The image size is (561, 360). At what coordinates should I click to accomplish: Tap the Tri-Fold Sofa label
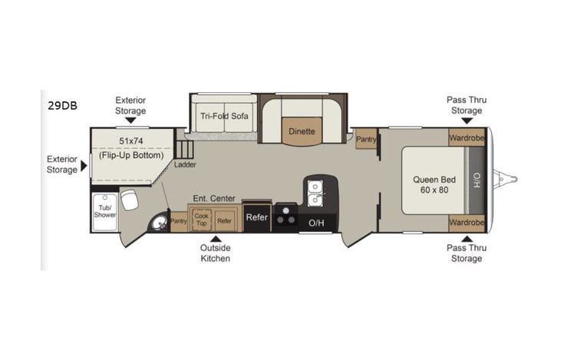click(x=224, y=116)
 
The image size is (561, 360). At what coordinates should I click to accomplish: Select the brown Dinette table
click(x=302, y=130)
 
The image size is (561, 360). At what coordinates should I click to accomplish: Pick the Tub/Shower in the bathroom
click(x=104, y=210)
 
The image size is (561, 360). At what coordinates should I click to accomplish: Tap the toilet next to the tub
click(x=129, y=200)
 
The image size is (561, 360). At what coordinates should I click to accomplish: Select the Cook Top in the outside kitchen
click(x=201, y=220)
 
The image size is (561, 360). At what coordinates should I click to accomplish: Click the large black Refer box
click(x=256, y=218)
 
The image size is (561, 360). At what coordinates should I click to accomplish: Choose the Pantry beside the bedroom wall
click(x=365, y=139)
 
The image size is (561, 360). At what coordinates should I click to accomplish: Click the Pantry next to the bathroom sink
click(x=179, y=221)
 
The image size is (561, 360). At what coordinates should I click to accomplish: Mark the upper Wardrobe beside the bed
click(x=467, y=139)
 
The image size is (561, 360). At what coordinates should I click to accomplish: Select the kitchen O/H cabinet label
click(x=316, y=223)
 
